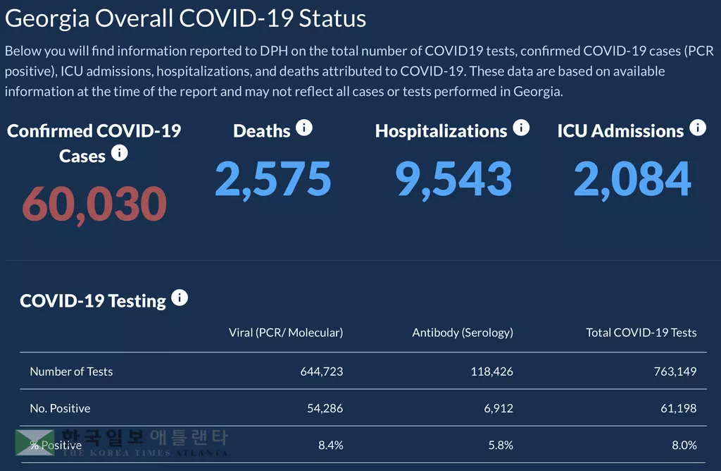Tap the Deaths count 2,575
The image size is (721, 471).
point(272,178)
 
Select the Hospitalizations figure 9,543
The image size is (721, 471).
point(453,178)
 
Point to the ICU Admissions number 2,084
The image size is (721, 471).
point(632,178)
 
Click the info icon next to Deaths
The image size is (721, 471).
point(303,128)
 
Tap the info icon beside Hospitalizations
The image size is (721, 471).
point(521,128)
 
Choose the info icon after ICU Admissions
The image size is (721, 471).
point(697,128)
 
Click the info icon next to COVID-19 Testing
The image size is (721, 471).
point(180,298)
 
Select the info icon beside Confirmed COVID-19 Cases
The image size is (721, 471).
point(120,152)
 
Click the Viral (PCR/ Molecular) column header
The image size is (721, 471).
point(286,333)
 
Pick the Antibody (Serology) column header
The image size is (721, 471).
point(463,333)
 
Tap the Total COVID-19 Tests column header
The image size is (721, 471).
point(641,333)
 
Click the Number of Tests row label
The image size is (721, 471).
point(71,372)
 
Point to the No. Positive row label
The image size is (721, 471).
point(60,408)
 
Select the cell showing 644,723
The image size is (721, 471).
point(321,372)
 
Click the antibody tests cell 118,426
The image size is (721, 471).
point(491,372)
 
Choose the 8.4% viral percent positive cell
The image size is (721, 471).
point(331,445)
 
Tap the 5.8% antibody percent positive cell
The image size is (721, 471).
point(501,445)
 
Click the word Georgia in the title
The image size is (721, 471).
point(47,18)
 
